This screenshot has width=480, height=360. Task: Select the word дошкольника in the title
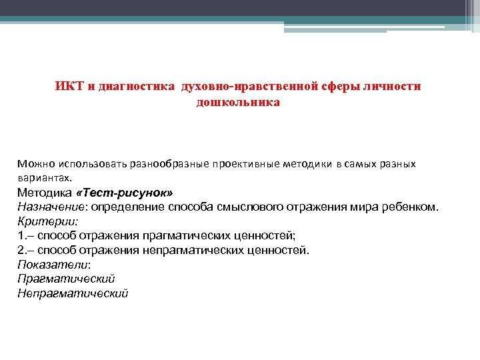point(238,103)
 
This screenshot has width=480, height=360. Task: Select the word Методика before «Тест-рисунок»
point(46,193)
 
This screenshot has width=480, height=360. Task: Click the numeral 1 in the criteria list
point(21,235)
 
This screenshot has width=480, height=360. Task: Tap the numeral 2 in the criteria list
point(21,250)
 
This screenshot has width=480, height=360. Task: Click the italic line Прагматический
point(66,279)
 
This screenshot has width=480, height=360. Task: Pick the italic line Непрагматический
point(73,293)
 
